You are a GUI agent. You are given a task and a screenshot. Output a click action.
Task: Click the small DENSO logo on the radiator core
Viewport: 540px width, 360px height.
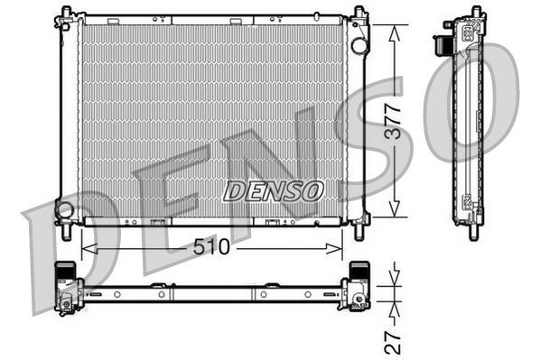point(273,190)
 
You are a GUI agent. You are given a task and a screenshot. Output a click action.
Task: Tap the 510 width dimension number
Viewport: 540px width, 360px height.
point(210,247)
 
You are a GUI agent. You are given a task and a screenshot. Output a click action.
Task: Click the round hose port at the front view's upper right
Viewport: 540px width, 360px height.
point(359,44)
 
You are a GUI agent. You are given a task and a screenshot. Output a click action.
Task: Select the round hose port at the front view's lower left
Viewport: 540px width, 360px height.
point(64,210)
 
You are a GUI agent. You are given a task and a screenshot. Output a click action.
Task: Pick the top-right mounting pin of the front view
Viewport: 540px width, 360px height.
point(359,13)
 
